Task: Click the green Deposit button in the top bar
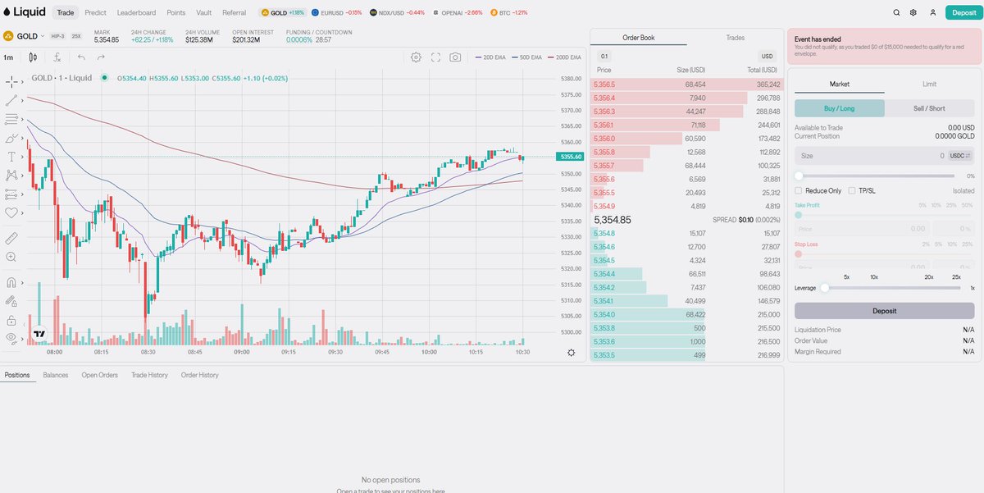[960, 13]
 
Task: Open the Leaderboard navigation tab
[136, 13]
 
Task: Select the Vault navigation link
[204, 13]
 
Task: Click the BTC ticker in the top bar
[508, 13]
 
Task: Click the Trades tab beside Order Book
[735, 38]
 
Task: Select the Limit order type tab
[929, 84]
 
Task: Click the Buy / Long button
[839, 108]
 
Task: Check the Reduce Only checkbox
[799, 190]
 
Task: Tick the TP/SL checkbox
[853, 190]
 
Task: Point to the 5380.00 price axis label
[571, 79]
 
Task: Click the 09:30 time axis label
[335, 352]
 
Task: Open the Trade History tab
[149, 375]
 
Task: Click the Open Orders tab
[99, 375]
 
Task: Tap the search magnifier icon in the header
[896, 13]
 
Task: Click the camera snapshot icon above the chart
[455, 57]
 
